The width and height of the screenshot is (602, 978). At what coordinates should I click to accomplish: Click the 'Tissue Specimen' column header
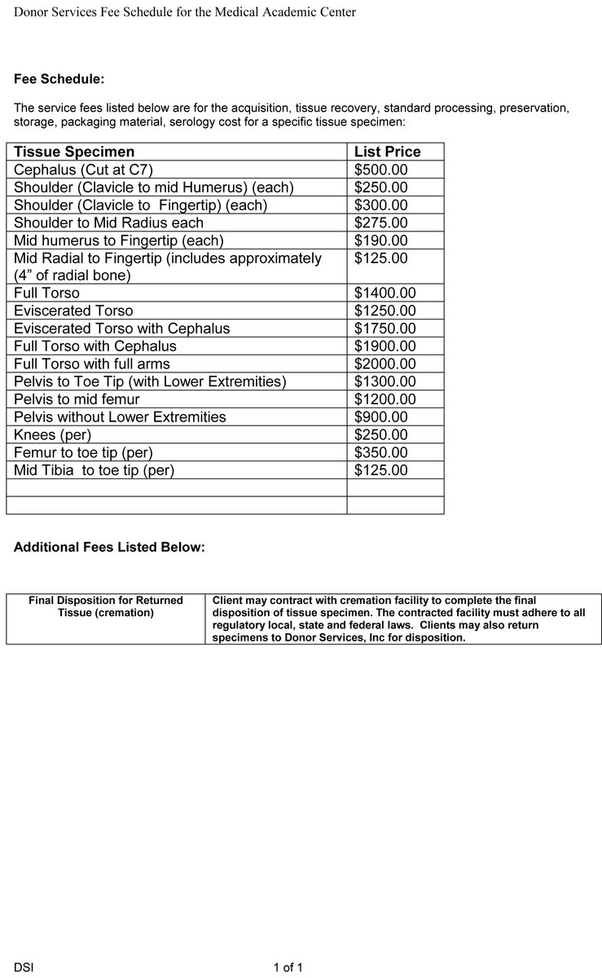point(74,152)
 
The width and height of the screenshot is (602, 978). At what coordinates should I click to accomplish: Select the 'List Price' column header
point(388,152)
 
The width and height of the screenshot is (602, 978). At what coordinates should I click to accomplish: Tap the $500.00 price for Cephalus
point(381,170)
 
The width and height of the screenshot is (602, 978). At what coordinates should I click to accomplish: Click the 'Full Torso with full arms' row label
point(92,363)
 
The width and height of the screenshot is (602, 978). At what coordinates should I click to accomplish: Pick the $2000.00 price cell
point(385,363)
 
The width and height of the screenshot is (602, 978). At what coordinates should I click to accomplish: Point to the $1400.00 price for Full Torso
point(385,293)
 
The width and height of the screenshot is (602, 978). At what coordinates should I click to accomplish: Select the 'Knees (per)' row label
point(53,434)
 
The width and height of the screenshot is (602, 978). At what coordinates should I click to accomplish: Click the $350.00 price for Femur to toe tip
point(381,452)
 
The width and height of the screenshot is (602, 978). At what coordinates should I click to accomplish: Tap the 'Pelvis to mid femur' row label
point(77,399)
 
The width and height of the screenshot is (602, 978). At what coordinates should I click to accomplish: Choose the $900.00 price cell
point(381,416)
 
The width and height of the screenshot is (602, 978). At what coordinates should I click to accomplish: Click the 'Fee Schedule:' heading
point(59,79)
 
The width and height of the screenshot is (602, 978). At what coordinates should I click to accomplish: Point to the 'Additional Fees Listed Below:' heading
point(109,548)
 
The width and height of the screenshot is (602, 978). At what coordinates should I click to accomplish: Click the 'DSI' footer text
point(24,967)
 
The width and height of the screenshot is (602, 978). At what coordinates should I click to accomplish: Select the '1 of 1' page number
point(288,967)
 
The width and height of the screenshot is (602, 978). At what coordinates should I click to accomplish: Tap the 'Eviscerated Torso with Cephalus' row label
point(122,328)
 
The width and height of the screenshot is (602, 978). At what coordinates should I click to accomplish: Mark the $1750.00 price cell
point(385,328)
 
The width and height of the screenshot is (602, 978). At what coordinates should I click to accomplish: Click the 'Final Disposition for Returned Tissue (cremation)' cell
point(106,606)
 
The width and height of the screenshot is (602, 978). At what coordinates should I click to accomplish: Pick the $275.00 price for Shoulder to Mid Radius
point(381,222)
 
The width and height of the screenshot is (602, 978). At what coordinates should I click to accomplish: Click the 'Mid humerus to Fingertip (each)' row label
point(119,240)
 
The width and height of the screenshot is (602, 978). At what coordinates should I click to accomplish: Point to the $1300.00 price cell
point(385,381)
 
